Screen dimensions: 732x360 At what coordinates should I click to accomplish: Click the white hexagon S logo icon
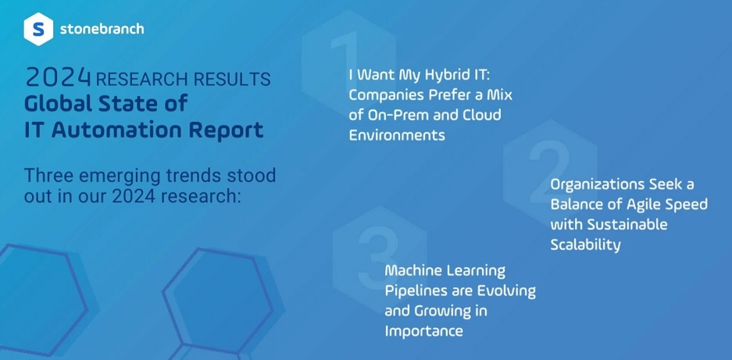pyautogui.click(x=38, y=29)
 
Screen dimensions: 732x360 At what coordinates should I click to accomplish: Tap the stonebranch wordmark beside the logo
pyautogui.click(x=102, y=29)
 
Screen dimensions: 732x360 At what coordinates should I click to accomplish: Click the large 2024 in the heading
pyautogui.click(x=58, y=78)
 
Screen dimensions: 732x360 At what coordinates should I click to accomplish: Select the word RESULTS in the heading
pyautogui.click(x=232, y=80)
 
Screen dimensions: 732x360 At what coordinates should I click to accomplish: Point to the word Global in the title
pyautogui.click(x=56, y=103)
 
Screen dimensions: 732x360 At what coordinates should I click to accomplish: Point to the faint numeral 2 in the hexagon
pyautogui.click(x=550, y=170)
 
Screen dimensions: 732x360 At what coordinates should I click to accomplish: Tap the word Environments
pyautogui.click(x=397, y=135)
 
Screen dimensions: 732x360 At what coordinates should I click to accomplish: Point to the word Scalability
pyautogui.click(x=585, y=245)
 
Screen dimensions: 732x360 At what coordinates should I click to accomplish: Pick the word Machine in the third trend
pyautogui.click(x=412, y=270)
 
